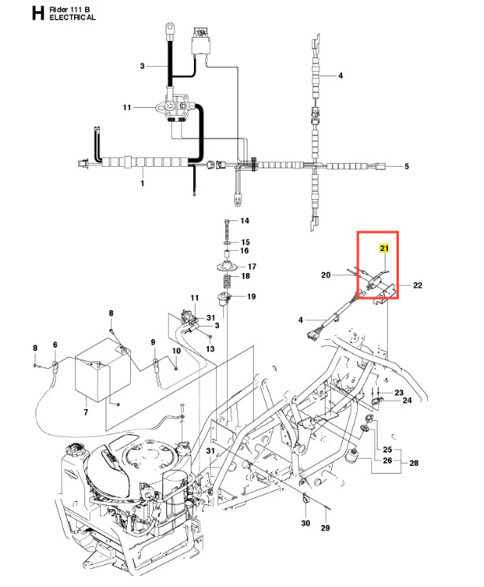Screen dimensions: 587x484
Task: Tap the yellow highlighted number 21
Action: click(x=385, y=249)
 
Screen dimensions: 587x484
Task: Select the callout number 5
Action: click(x=407, y=166)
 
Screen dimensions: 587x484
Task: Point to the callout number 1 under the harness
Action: click(x=142, y=183)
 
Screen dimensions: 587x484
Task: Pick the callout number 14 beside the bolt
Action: click(x=244, y=220)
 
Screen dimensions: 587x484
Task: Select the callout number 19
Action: click(x=251, y=297)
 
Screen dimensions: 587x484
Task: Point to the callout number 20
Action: click(x=326, y=275)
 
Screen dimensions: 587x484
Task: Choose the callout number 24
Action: click(x=407, y=401)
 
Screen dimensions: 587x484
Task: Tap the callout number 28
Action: click(x=414, y=465)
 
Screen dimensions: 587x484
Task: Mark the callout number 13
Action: click(x=210, y=348)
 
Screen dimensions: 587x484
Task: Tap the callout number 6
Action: click(x=55, y=345)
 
